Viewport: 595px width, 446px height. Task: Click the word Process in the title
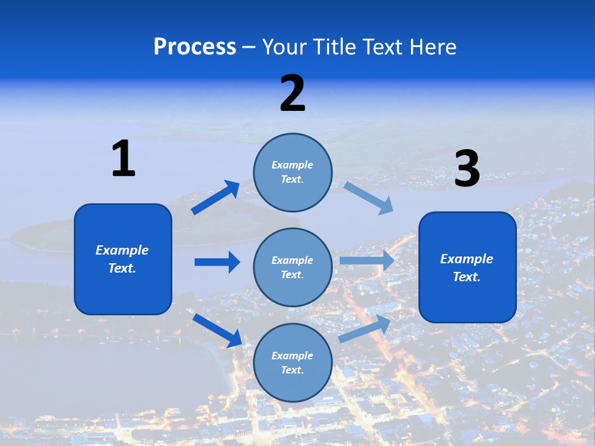[x=195, y=47]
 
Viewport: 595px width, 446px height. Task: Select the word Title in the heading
[x=335, y=47]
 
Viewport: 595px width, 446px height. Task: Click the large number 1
[x=123, y=159]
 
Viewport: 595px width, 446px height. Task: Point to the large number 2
[x=293, y=94]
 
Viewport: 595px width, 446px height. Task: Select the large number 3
[x=467, y=169]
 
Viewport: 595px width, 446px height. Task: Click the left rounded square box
[x=123, y=259]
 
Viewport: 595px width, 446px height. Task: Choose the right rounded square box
[x=467, y=267]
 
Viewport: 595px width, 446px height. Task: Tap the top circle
[x=293, y=172]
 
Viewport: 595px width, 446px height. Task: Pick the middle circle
[x=293, y=267]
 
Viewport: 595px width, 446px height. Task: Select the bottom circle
[x=293, y=362]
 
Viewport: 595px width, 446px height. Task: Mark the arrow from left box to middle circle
[x=217, y=262]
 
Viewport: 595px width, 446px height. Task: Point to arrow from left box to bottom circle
[x=218, y=330]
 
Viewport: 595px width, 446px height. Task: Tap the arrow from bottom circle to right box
[x=364, y=328]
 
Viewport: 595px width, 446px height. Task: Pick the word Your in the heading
[x=284, y=47]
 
